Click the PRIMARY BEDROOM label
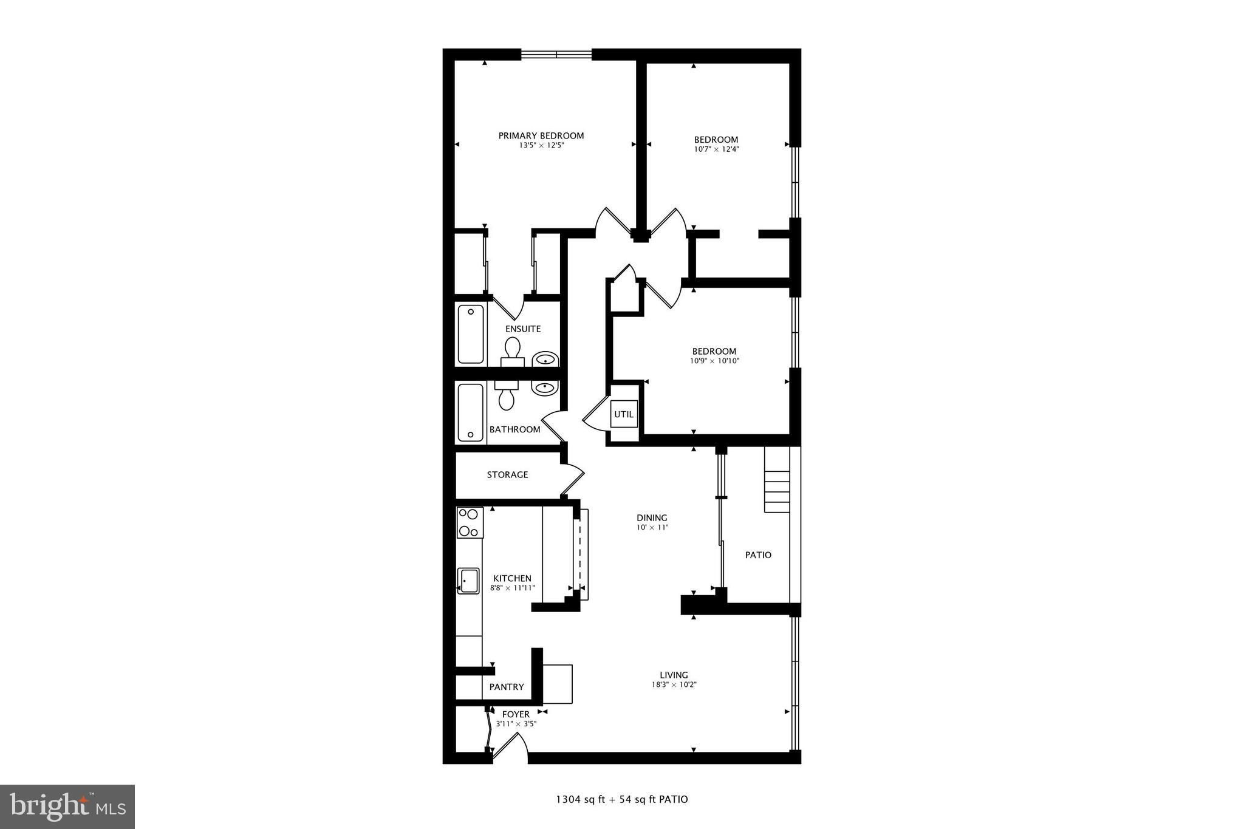tap(541, 135)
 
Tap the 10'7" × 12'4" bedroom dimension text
tap(716, 149)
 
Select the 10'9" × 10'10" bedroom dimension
tap(714, 361)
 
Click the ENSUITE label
tap(523, 329)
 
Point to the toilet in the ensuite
tap(513, 352)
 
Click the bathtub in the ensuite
tap(471, 335)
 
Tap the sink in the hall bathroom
tap(545, 387)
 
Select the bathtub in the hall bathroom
tap(471, 412)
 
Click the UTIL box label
tap(624, 414)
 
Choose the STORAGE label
tap(507, 475)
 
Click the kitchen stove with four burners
tap(470, 522)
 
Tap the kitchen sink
tap(468, 581)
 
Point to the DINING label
tap(652, 518)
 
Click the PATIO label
tap(758, 555)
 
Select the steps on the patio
tap(777, 480)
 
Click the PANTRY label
tap(507, 687)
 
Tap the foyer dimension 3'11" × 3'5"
tap(516, 724)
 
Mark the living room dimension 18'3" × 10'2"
tap(674, 684)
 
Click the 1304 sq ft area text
tap(581, 799)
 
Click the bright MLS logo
tap(68, 807)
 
